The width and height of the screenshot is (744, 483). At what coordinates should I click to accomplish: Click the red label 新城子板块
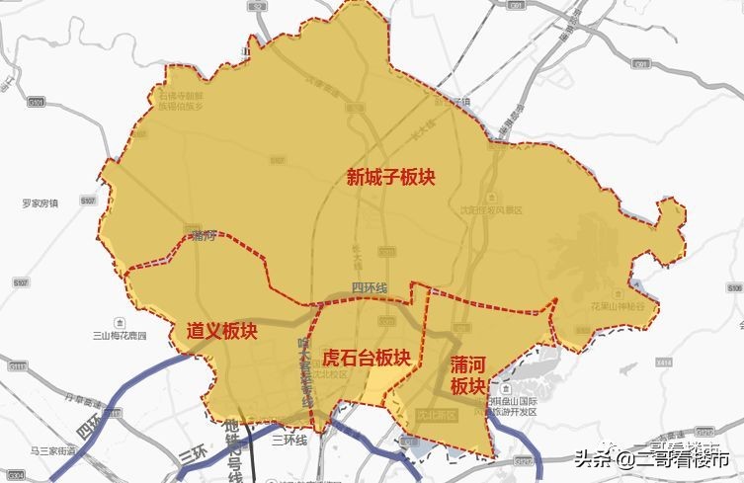coord(390,178)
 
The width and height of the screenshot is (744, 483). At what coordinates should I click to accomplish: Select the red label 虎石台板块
coord(367,357)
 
